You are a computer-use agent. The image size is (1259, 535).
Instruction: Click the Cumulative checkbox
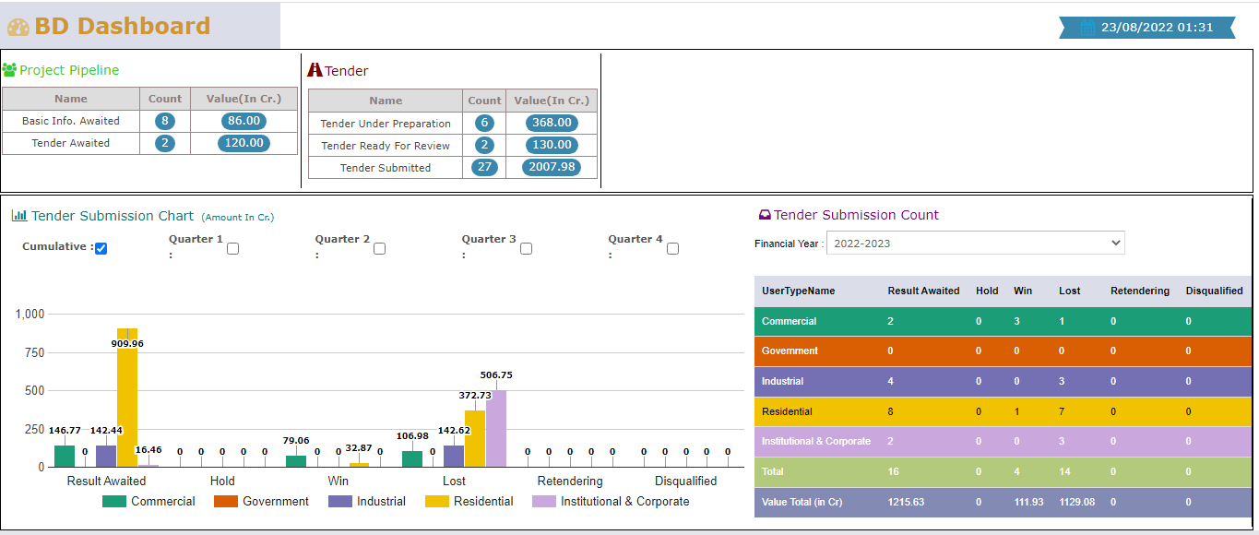coord(101,248)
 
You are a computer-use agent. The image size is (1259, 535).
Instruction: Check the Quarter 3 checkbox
coord(526,248)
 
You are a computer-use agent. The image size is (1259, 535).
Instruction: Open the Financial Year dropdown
coord(975,244)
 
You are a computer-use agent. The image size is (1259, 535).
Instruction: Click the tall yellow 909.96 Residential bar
coord(127,397)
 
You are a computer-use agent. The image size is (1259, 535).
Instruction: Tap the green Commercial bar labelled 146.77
coord(65,456)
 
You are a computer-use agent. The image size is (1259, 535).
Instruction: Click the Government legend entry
coord(262,502)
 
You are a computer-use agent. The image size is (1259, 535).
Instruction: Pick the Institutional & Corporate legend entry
coord(612,502)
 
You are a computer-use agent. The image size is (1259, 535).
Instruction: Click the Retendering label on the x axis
coord(570,481)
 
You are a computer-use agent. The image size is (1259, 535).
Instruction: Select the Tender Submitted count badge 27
coord(484,167)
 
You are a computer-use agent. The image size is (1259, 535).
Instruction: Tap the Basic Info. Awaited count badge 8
coord(165,121)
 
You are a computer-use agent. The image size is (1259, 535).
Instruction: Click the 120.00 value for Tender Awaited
coord(243,143)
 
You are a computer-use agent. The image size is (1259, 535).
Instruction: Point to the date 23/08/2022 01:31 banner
coord(1157,28)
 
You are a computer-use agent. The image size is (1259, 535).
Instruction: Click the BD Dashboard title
coord(123,26)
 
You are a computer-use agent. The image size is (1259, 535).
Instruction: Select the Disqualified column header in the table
coord(1214,291)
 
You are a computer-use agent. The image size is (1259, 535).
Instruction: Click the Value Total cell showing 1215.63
coord(906,502)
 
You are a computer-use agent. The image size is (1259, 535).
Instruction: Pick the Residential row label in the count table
coord(787,411)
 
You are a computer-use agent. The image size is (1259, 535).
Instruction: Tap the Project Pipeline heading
coord(69,70)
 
